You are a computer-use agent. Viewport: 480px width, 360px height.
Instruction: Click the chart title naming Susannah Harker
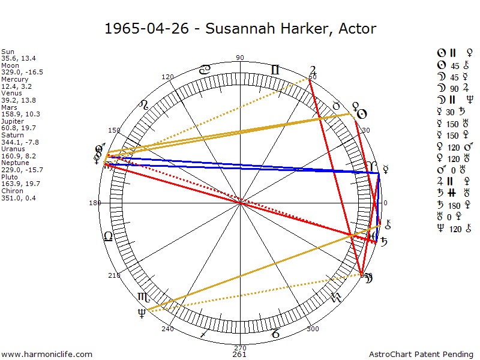point(240,28)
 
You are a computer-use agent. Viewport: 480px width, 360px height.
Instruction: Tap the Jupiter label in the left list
point(13,121)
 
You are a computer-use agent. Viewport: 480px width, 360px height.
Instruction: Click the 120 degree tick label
point(168,77)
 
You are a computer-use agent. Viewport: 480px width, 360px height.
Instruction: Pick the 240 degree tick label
point(167,329)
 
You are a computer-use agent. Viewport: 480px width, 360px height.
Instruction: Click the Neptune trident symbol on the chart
point(142,313)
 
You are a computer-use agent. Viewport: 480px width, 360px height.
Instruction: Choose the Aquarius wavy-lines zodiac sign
point(336,297)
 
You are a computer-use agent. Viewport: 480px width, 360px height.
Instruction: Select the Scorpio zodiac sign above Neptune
point(144,296)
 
